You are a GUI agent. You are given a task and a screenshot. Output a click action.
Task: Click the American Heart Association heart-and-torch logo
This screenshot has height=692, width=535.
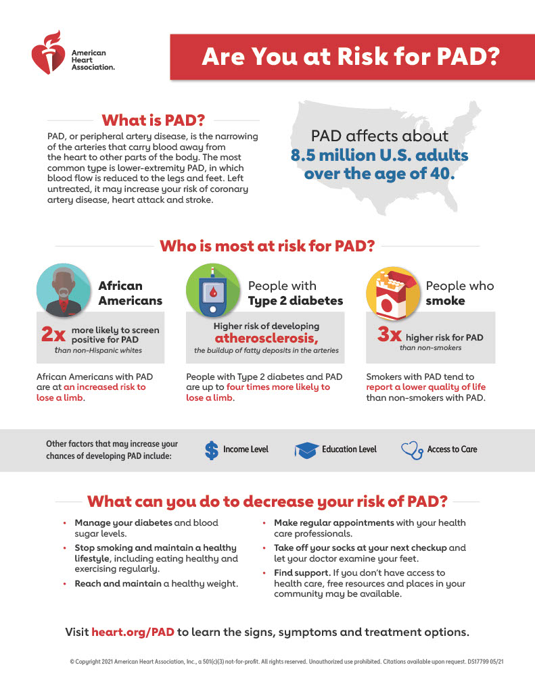[49, 53]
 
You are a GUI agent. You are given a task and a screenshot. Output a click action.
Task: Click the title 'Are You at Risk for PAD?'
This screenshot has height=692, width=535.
[350, 57]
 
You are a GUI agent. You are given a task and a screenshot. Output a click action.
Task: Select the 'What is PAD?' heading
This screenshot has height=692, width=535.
[152, 120]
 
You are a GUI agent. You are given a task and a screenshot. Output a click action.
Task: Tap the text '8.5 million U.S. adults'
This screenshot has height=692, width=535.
[379, 155]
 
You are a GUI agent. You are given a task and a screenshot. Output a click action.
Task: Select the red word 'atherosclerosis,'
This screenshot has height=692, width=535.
[266, 338]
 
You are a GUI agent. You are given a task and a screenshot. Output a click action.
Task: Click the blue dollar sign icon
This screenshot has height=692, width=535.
[212, 450]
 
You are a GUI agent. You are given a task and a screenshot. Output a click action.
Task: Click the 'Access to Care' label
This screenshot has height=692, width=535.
[452, 449]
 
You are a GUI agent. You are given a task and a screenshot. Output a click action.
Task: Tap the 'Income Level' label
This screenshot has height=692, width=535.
[246, 449]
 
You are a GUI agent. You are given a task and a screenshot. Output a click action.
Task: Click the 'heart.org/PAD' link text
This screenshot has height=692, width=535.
[133, 633]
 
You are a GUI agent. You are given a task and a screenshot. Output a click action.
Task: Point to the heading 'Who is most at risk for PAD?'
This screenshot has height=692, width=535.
[267, 245]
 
